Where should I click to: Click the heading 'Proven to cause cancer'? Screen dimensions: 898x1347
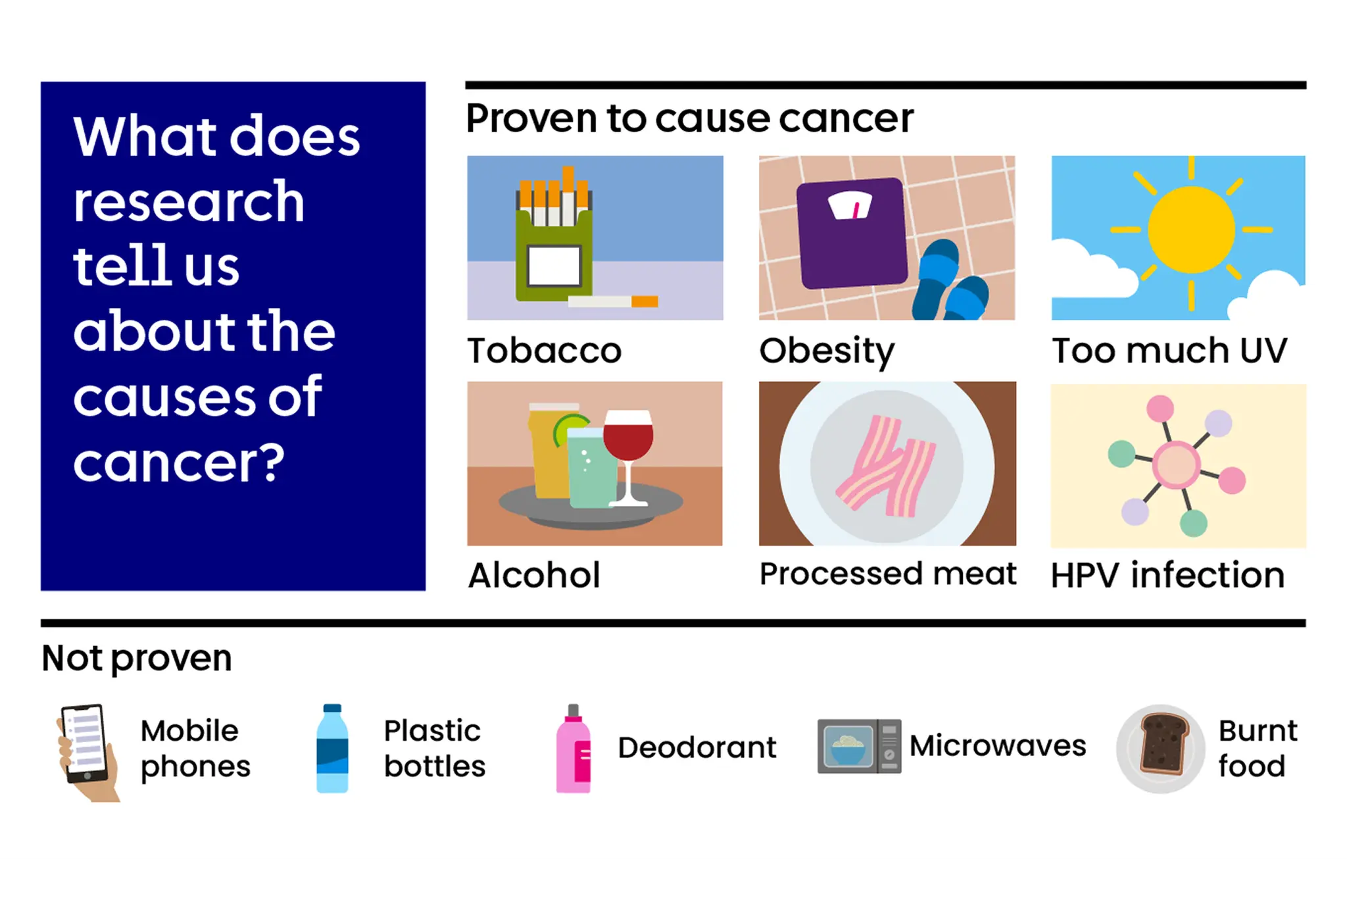(x=689, y=118)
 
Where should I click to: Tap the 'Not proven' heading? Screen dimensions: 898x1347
(x=137, y=658)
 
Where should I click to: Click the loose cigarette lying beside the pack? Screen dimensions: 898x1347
(x=612, y=301)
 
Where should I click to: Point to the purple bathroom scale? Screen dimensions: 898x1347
(x=851, y=234)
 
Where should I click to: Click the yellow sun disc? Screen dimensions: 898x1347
(x=1191, y=230)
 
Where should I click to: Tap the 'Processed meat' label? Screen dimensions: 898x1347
(x=887, y=574)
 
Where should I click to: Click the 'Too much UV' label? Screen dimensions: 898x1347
(x=1169, y=350)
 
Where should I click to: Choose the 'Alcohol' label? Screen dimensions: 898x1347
(x=534, y=575)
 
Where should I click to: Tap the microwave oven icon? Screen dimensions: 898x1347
(x=858, y=746)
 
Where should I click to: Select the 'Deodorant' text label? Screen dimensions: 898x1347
(x=697, y=747)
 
